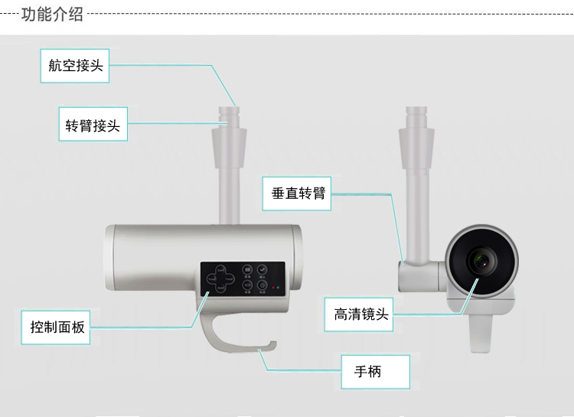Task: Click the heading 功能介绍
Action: pos(51,14)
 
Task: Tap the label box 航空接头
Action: pos(75,66)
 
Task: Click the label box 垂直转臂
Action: pos(298,193)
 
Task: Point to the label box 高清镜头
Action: pos(361,314)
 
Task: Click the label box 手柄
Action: pos(367,373)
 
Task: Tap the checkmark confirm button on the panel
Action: pos(263,269)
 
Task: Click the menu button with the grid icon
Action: pos(248,269)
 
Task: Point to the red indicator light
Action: pos(272,288)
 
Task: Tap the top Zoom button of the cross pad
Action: pos(220,270)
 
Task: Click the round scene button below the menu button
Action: pos(248,285)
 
